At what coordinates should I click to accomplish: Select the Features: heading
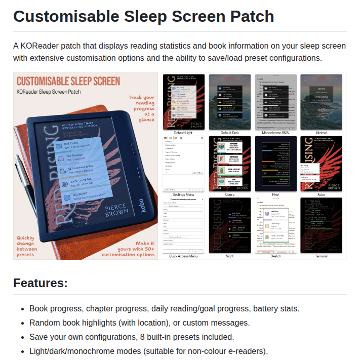[41, 283]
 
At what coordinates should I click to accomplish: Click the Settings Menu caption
[183, 195]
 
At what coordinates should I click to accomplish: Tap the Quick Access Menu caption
[183, 256]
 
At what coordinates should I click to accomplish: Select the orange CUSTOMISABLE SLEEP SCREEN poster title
[68, 82]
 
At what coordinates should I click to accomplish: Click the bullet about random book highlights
[139, 323]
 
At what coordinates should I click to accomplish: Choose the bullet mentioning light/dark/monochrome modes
[148, 351]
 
